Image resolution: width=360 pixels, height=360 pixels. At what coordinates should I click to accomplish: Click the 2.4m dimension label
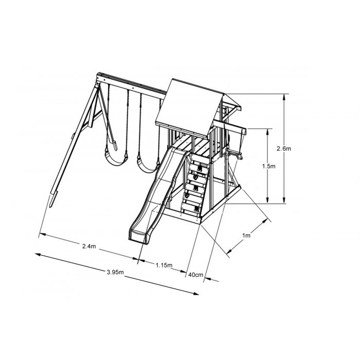89,246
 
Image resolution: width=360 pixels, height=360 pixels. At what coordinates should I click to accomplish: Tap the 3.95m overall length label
115,272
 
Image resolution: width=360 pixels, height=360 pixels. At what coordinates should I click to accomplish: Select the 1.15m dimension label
164,265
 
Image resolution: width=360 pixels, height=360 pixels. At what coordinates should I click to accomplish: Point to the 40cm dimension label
195,275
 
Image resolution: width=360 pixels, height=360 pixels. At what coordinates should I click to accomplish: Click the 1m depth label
246,236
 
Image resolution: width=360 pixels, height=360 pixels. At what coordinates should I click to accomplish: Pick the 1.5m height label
268,166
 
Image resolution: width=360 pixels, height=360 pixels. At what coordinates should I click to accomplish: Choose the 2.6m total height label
284,149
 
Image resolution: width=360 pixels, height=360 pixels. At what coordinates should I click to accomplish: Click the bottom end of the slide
138,237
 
